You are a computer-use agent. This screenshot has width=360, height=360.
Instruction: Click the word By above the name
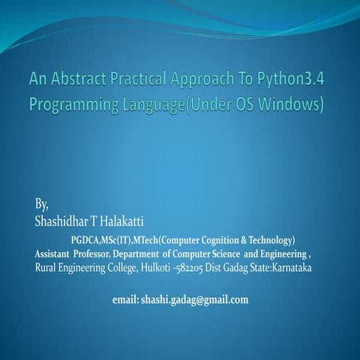(x=42, y=204)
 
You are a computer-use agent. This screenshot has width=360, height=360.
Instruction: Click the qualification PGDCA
(x=86, y=240)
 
